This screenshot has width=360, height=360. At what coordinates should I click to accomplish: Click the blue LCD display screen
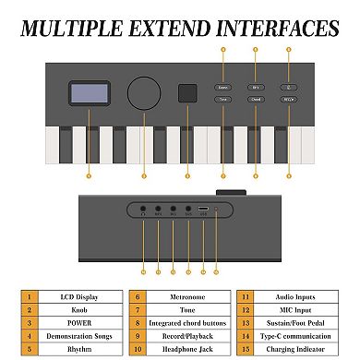[x=89, y=93]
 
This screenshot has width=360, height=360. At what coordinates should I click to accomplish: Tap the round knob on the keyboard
[x=144, y=93]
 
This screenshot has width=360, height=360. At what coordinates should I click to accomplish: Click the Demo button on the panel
[x=222, y=84]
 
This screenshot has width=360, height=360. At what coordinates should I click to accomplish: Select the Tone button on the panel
[x=222, y=100]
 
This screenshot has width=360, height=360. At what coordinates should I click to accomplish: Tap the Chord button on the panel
[x=256, y=100]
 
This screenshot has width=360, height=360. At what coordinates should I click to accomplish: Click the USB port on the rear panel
[x=202, y=210]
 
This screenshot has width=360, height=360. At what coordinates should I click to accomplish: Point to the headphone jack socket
[x=143, y=210]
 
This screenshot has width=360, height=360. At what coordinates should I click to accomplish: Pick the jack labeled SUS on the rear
[x=187, y=210]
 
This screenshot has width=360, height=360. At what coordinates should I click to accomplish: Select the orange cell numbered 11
[x=247, y=298]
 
